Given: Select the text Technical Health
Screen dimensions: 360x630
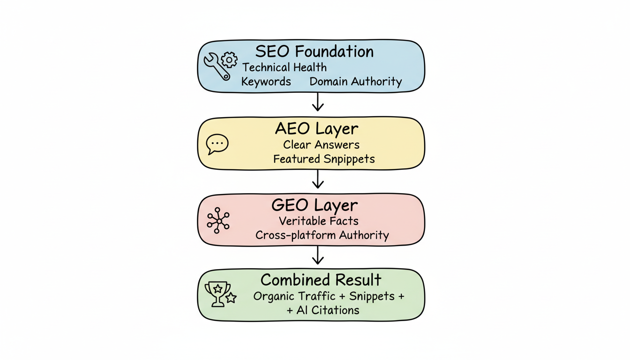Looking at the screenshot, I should click(284, 67).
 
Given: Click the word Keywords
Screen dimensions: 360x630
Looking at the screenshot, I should click(266, 82).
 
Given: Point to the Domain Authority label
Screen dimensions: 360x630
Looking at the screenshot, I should click(355, 82).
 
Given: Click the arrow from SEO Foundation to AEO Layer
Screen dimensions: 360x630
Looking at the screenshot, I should click(318, 102).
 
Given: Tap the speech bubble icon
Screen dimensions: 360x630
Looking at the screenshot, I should click(217, 144).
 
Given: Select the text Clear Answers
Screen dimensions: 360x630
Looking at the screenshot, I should click(322, 145).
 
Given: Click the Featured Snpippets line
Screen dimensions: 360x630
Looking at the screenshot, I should click(324, 159).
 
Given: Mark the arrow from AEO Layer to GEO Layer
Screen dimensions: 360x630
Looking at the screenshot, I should click(318, 179).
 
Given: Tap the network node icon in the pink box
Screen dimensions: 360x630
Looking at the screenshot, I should click(218, 220).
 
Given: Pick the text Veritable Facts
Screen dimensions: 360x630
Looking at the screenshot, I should click(318, 221).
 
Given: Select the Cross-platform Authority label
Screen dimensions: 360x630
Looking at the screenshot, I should click(322, 235).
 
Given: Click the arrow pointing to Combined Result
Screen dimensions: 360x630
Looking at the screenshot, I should click(318, 255).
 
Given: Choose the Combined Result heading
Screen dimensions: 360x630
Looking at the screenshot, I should click(321, 280).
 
